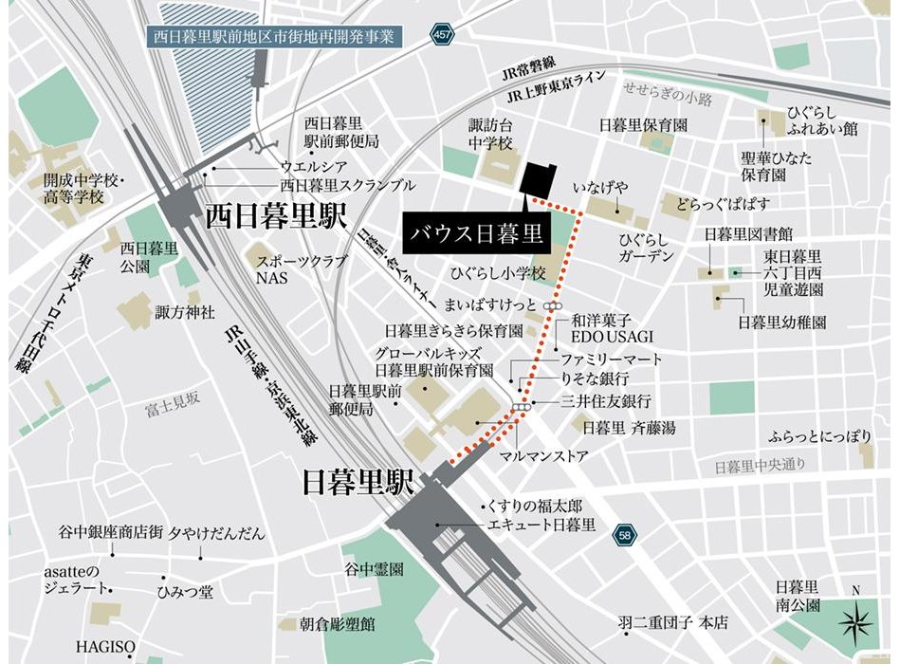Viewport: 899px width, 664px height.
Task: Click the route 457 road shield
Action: [x=442, y=34]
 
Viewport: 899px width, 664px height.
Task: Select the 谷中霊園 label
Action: [x=375, y=570]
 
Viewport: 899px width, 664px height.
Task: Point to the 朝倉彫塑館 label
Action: [x=339, y=624]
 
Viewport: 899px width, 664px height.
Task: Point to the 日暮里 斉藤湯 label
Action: [x=629, y=429]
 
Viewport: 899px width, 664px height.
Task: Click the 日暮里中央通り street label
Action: [x=759, y=466]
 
